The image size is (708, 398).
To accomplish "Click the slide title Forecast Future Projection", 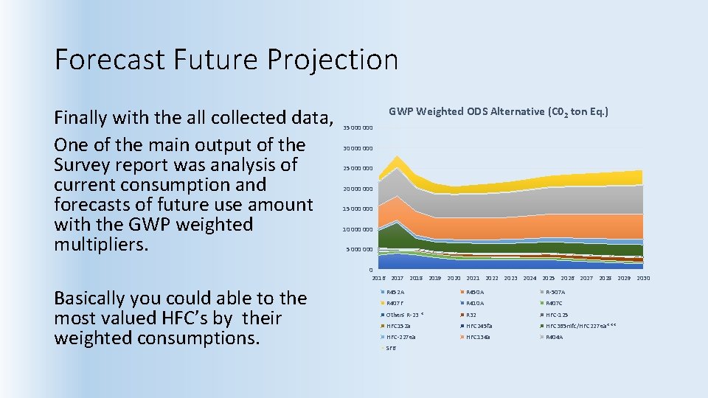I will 226,59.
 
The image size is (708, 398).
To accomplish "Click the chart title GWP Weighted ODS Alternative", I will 499,112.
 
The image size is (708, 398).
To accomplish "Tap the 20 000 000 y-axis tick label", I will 358,189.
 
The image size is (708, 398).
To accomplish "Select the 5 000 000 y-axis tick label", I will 359,250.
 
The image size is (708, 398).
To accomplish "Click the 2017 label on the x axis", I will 397,279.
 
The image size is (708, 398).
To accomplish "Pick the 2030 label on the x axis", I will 643,279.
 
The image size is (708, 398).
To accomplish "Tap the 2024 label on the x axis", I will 530,279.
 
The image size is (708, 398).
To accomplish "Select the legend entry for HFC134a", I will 479,337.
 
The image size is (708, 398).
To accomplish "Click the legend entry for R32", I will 471,315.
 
